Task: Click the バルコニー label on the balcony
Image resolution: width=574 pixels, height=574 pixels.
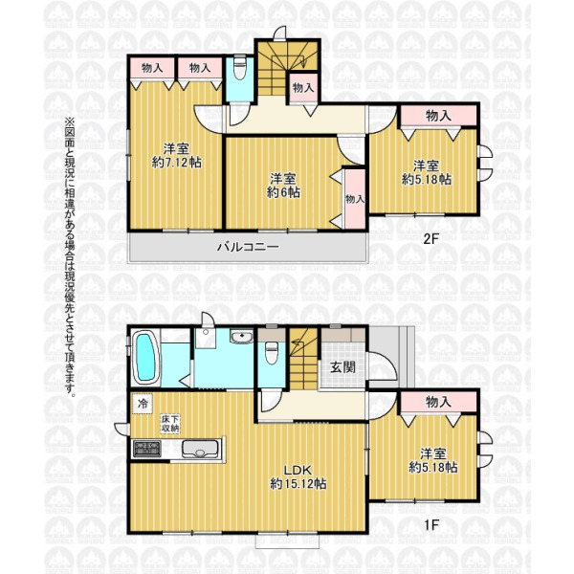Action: click(248, 247)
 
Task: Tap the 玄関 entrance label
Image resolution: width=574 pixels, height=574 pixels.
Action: click(343, 366)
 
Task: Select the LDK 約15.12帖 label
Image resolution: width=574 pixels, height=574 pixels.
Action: click(298, 477)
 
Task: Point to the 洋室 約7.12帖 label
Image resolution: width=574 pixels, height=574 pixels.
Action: click(176, 156)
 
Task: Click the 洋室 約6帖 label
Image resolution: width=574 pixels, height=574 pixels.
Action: click(283, 186)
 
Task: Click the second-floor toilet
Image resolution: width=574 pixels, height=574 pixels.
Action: click(240, 67)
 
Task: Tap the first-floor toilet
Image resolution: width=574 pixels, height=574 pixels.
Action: click(272, 353)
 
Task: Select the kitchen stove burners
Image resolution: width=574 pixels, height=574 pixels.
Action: click(146, 449)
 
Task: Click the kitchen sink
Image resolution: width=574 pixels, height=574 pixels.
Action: click(200, 449)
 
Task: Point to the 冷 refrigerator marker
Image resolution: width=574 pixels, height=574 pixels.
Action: click(143, 404)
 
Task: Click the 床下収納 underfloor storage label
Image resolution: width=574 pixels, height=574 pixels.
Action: click(170, 424)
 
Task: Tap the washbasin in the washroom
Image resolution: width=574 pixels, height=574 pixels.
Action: click(242, 337)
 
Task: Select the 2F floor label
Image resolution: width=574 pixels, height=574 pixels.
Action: click(430, 239)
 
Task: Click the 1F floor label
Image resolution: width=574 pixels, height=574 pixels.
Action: click(431, 525)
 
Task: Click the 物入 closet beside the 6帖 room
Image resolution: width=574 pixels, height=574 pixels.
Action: click(355, 199)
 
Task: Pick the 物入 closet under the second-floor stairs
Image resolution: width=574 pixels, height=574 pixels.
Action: click(303, 87)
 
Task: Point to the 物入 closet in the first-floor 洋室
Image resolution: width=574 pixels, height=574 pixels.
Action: click(438, 402)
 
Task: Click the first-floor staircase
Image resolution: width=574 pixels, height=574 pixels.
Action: click(304, 358)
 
